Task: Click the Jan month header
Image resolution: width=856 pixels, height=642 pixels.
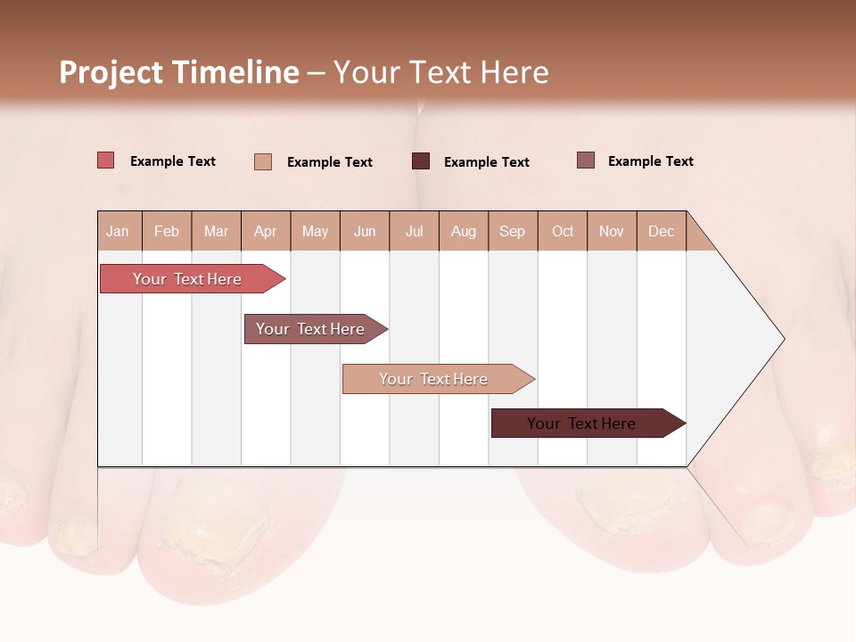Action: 119,231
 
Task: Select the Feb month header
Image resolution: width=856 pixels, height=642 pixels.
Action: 167,231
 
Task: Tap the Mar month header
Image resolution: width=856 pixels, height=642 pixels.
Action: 216,231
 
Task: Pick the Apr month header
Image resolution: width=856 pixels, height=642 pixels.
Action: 266,231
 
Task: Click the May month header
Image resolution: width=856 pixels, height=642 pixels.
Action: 315,231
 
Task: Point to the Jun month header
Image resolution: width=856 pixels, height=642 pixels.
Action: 365,231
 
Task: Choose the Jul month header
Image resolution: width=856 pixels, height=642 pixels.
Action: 414,231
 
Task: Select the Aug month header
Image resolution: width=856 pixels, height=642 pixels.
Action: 464,231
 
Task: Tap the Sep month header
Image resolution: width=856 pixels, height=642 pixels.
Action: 513,231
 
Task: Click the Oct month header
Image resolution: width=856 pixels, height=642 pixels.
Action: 563,231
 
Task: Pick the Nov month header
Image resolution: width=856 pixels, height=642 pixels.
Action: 612,231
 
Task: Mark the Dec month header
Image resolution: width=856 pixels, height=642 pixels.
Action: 662,231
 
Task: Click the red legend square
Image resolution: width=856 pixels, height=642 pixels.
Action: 106,160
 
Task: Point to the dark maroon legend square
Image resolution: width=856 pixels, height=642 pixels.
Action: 421,161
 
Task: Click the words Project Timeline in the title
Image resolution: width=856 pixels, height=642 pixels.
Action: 179,72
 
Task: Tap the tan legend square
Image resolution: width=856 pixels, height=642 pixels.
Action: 263,161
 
